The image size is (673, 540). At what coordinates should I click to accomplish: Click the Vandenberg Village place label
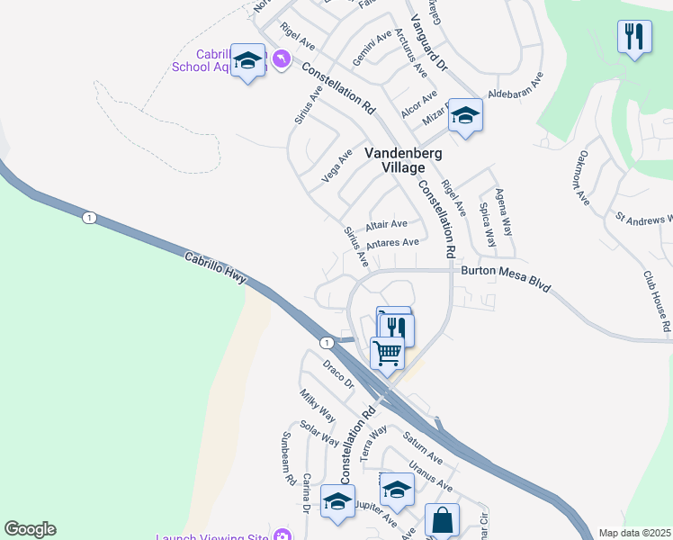(403, 160)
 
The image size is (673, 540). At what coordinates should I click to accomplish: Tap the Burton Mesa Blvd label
(505, 270)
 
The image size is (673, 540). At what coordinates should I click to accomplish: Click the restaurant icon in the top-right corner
(634, 37)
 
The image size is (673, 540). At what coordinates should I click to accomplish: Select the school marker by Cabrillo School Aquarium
(247, 60)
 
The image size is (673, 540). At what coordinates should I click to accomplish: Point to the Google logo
(30, 529)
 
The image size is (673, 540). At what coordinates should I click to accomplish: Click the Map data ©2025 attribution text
(635, 533)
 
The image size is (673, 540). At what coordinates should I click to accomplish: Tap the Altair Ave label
(387, 224)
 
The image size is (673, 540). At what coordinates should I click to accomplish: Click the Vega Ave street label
(338, 167)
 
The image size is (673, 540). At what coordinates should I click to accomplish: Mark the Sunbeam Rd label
(288, 458)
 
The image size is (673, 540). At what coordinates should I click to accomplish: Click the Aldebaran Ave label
(516, 87)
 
